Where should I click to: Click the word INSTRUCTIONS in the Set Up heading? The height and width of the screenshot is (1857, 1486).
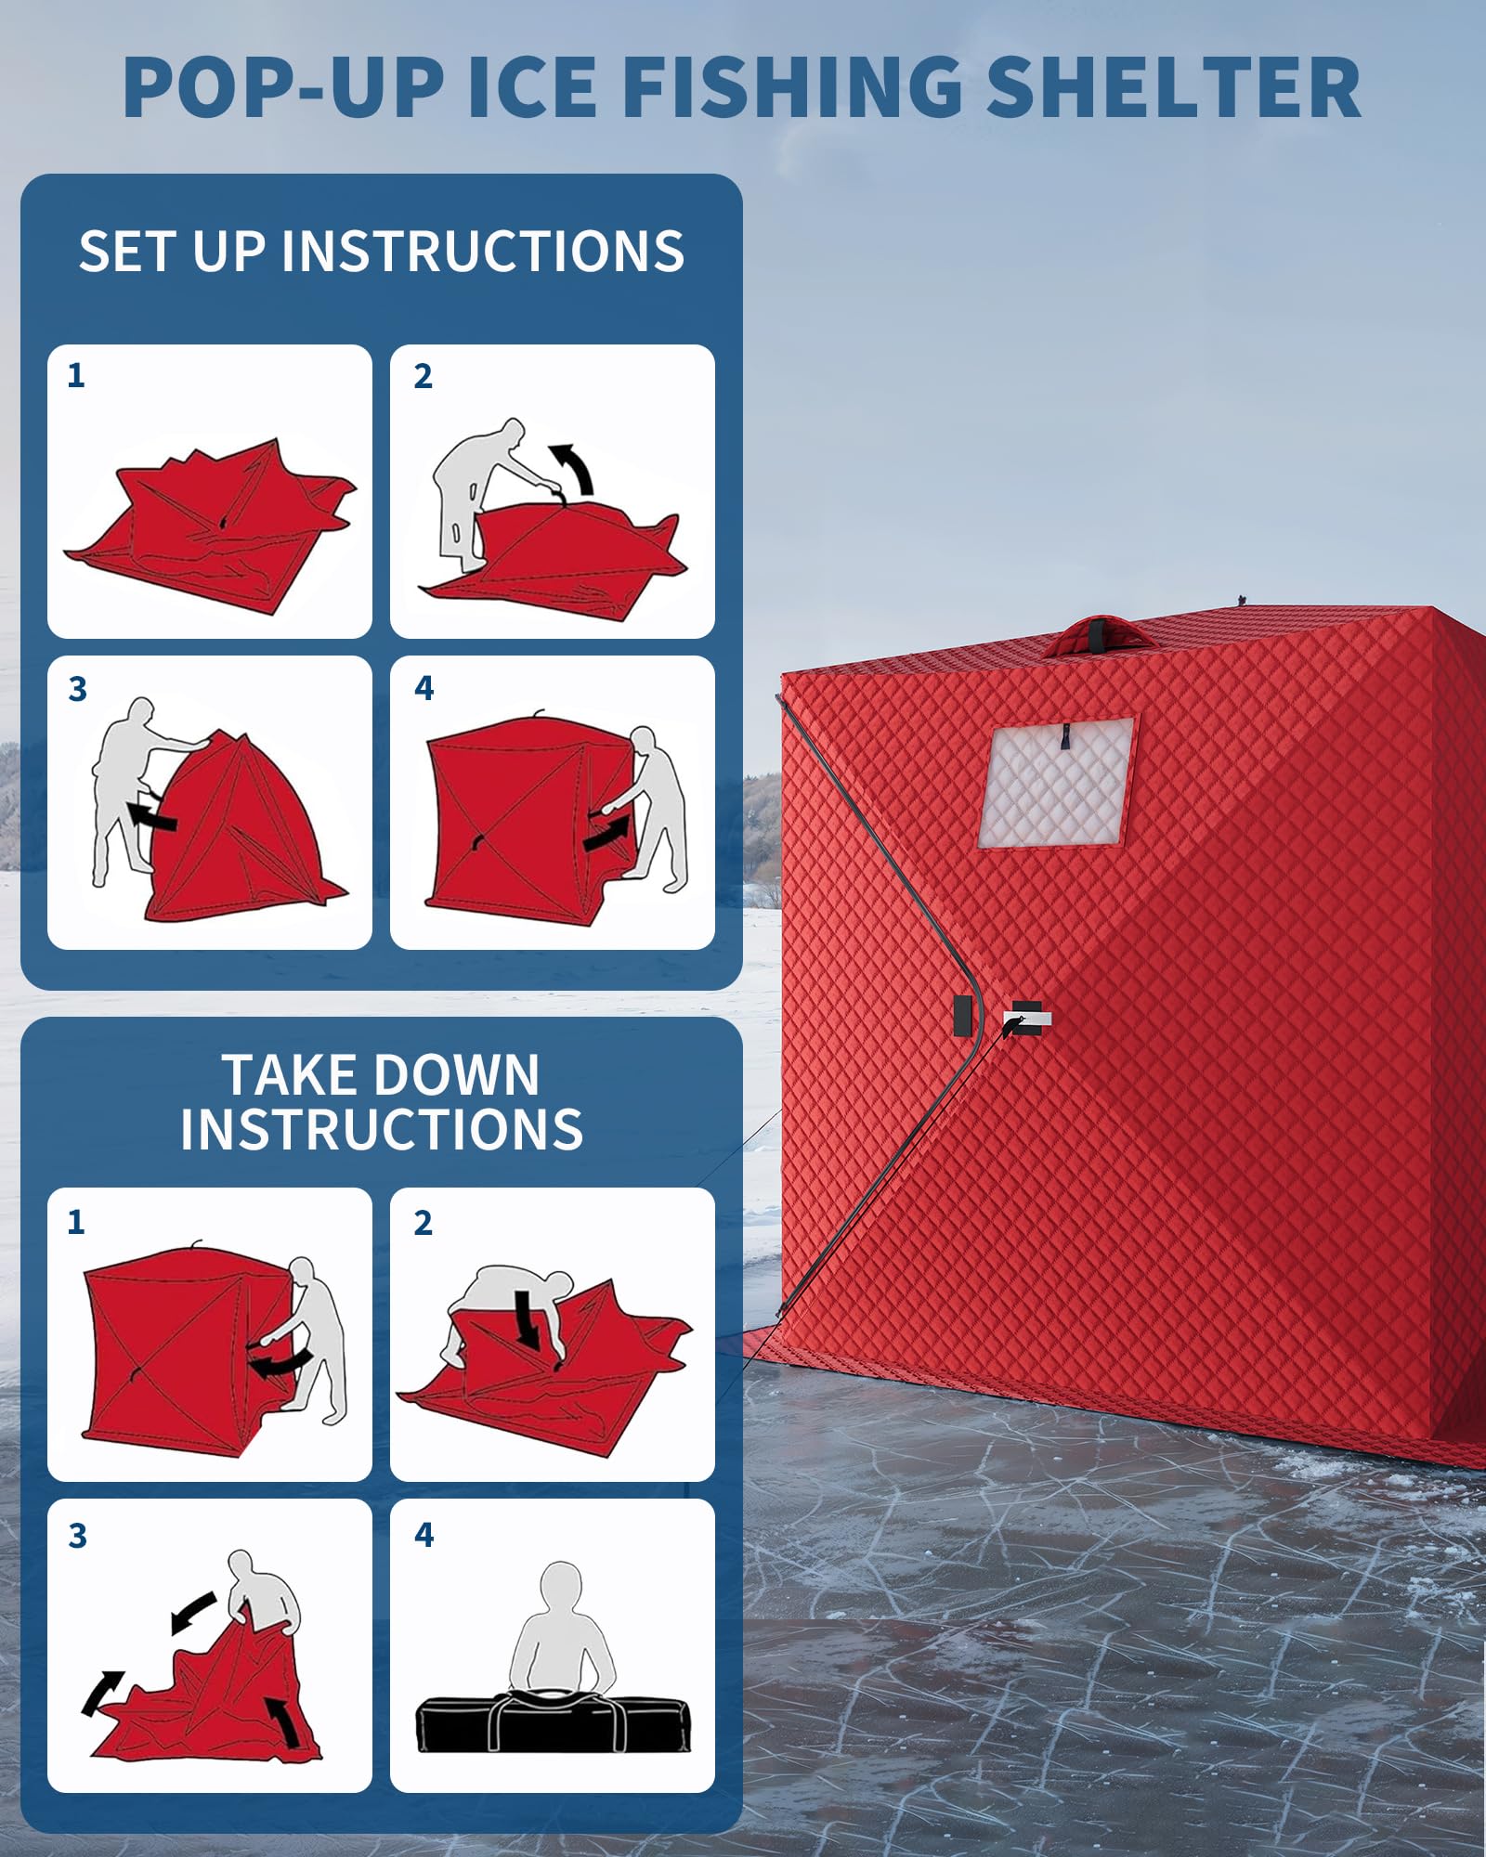[x=483, y=252]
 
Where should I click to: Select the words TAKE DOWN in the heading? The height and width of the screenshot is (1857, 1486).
[x=381, y=1076]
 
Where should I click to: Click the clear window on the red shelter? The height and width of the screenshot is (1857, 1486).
[x=1056, y=782]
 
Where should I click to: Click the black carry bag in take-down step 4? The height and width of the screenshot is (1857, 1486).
[x=554, y=1724]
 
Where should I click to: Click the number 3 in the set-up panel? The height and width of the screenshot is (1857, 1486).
[x=78, y=690]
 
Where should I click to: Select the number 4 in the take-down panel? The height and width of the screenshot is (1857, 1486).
[x=424, y=1535]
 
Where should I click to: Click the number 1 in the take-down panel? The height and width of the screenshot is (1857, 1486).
[x=76, y=1222]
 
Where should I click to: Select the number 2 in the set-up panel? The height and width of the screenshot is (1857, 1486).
[x=424, y=376]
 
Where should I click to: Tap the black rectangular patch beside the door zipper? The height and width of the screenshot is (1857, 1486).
[x=963, y=1016]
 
